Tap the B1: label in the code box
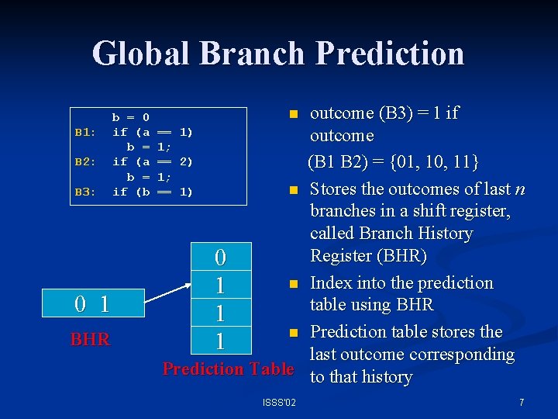tap(85, 132)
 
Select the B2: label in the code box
tap(85, 161)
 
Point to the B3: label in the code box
tap(85, 191)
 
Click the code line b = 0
tap(131, 117)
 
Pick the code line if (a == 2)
tap(153, 161)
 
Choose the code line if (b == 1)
tap(153, 191)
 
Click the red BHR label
tap(90, 339)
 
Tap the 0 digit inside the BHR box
tap(80, 304)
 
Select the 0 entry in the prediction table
tap(220, 256)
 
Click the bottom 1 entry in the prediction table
tap(220, 341)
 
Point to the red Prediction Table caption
tap(228, 369)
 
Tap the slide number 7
tap(522, 403)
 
